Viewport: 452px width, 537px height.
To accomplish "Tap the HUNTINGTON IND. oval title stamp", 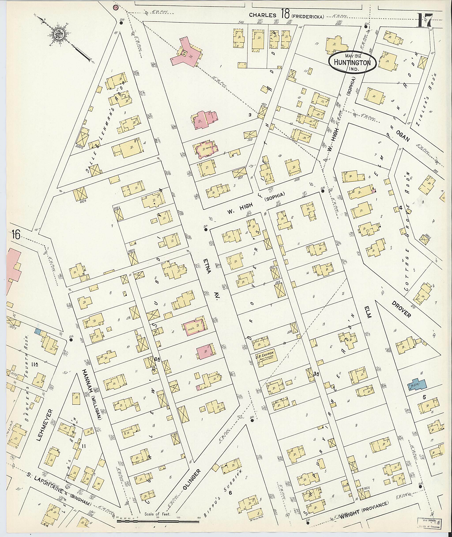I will click(353, 62).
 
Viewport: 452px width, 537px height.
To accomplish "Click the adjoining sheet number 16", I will click(16, 235).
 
